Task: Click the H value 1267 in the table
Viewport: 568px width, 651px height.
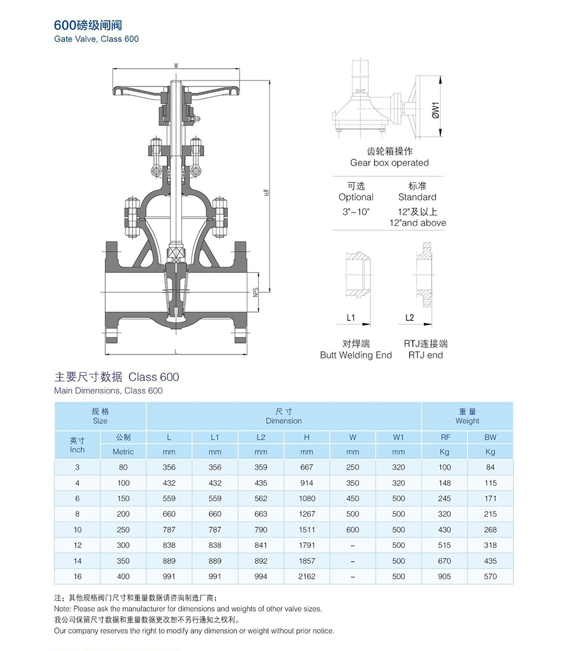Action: (307, 514)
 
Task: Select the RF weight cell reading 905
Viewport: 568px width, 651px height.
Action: (444, 576)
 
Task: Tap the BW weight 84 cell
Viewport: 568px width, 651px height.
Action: (490, 467)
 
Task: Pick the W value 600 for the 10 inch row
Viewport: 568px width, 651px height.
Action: (353, 530)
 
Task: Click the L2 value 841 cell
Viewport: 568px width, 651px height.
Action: (261, 545)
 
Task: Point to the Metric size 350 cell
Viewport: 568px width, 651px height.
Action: (123, 561)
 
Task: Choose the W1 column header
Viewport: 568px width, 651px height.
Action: (399, 437)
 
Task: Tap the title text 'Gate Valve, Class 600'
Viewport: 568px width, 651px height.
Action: (96, 39)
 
